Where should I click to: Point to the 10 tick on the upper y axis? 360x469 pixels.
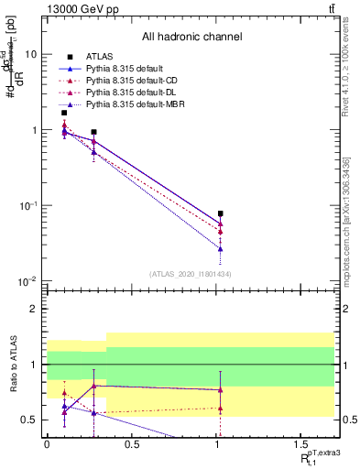[31, 55]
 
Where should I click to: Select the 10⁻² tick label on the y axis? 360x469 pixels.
[28, 281]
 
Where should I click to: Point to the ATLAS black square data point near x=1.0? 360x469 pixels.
[221, 213]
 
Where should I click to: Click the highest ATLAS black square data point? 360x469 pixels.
[64, 113]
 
